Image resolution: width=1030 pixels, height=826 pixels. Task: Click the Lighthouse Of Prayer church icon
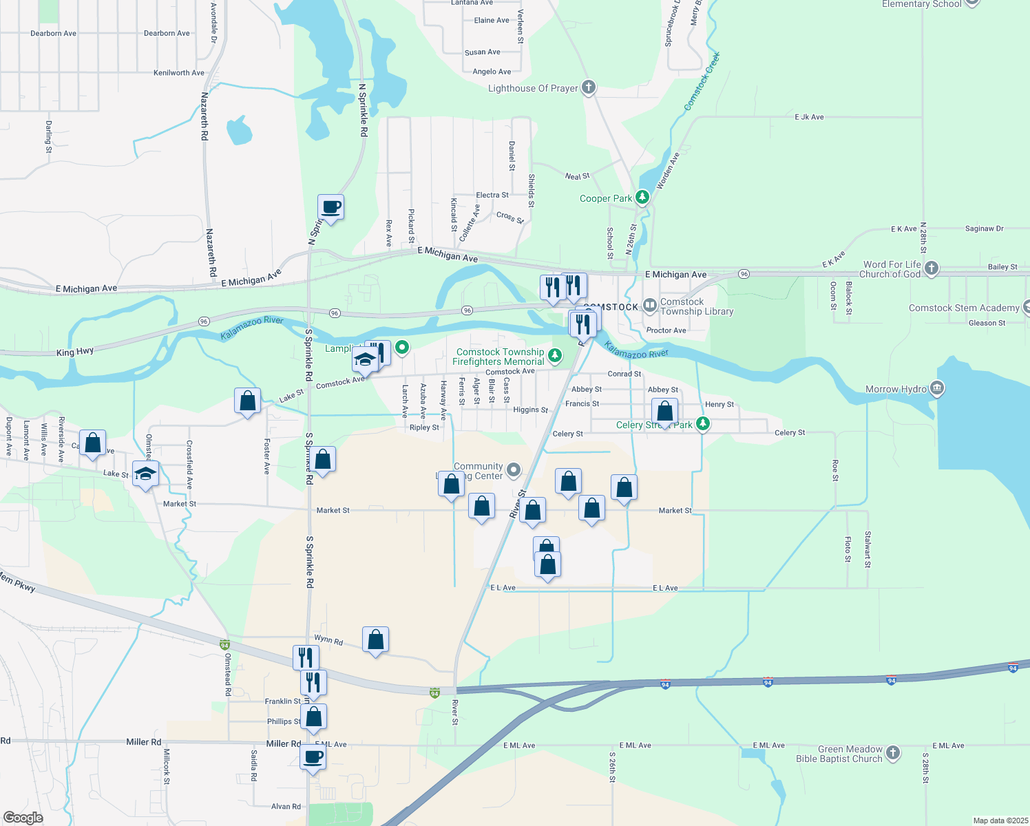(588, 87)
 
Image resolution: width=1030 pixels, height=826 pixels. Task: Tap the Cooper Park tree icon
(642, 198)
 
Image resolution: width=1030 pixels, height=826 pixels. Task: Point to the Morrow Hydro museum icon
(936, 389)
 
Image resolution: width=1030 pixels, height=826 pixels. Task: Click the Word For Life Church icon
(932, 268)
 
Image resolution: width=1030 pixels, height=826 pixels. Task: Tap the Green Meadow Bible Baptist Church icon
(893, 753)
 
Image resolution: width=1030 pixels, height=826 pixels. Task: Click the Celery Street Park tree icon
(702, 423)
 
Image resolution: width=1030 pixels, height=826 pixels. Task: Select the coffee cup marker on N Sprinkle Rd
(330, 206)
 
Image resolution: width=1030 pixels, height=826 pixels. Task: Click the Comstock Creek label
(702, 81)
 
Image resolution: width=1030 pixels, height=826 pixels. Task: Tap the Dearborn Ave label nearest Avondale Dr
(167, 33)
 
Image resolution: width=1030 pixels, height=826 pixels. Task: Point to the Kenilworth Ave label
(179, 72)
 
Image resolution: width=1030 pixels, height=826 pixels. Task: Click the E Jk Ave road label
(809, 117)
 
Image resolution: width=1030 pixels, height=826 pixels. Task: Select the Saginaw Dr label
(985, 229)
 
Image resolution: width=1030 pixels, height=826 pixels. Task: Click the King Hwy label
(75, 352)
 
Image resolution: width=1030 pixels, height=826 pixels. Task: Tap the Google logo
(23, 818)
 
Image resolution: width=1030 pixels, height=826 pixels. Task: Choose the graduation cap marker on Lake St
(145, 474)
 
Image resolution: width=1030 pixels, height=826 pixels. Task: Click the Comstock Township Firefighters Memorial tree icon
(555, 356)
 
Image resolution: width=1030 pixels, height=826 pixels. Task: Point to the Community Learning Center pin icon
(514, 470)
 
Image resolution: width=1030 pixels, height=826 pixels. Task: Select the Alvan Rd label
(286, 806)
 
